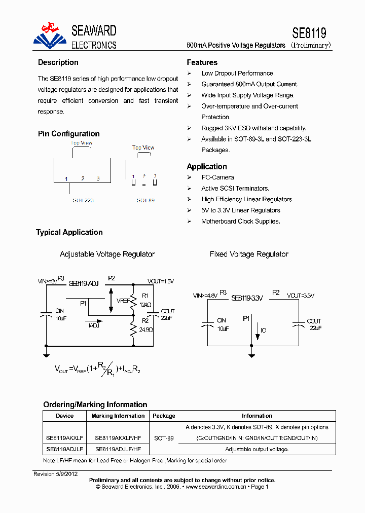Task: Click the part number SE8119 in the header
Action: click(309, 33)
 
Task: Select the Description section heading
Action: click(58, 62)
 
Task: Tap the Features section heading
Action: click(202, 62)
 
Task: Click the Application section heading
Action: click(207, 166)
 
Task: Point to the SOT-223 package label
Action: click(83, 200)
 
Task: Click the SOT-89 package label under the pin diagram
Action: click(145, 200)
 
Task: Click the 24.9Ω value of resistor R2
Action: click(145, 329)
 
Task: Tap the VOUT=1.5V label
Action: click(161, 281)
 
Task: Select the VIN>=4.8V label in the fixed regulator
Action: click(205, 295)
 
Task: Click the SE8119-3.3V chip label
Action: click(247, 298)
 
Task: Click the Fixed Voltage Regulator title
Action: click(249, 254)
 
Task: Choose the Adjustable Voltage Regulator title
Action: click(107, 254)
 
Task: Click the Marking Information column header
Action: click(118, 416)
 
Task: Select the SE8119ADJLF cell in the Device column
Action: click(65, 449)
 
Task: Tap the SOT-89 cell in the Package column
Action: click(164, 438)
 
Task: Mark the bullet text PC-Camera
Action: click(217, 177)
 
